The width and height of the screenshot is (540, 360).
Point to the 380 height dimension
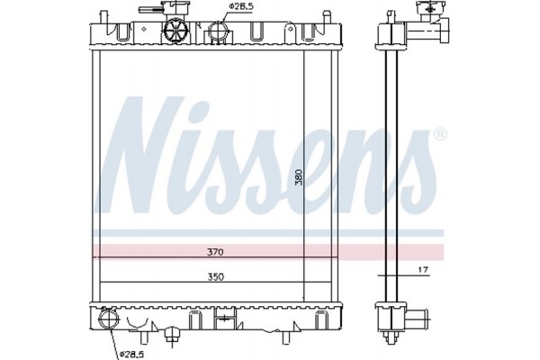point(298,176)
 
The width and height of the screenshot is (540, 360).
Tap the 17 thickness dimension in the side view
point(421,269)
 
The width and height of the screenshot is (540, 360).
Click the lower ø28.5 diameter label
point(132,355)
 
